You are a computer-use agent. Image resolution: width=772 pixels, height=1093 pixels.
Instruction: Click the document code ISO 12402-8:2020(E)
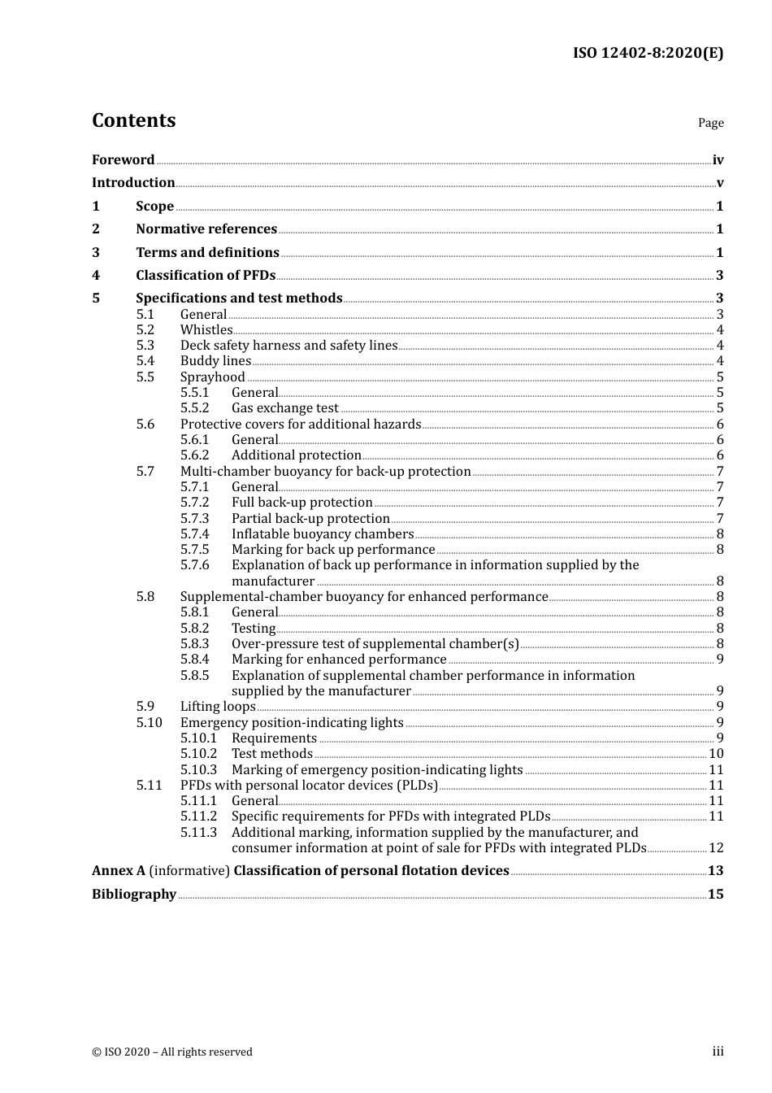[x=648, y=53]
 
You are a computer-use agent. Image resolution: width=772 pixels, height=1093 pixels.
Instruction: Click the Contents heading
[x=133, y=120]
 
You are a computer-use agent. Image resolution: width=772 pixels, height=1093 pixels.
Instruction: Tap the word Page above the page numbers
[x=710, y=123]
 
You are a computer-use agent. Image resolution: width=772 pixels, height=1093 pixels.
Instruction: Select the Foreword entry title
[x=123, y=160]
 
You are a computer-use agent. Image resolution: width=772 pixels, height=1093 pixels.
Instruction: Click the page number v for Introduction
[x=719, y=183]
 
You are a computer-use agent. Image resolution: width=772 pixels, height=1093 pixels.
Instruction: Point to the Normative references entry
[x=206, y=229]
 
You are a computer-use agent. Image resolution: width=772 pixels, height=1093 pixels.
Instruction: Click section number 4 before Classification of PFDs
[x=96, y=276]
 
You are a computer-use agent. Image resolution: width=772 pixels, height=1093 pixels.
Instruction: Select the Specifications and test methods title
[x=239, y=298]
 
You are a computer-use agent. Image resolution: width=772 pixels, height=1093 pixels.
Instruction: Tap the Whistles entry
[x=206, y=330]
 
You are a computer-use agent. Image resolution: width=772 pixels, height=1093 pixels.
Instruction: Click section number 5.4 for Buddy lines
[x=145, y=361]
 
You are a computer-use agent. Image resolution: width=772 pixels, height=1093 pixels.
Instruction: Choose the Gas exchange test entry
[x=284, y=408]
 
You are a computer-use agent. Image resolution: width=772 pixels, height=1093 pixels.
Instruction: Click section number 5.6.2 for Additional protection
[x=195, y=455]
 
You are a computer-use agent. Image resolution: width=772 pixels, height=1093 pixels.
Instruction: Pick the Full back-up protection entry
[x=301, y=503]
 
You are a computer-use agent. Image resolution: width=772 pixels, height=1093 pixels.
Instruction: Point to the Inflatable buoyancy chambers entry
[x=323, y=534]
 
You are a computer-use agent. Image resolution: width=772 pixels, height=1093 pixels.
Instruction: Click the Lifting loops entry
[x=218, y=707]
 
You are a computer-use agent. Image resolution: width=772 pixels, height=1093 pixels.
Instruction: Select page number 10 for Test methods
[x=716, y=754]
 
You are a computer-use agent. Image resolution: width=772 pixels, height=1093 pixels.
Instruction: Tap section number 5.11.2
[x=199, y=816]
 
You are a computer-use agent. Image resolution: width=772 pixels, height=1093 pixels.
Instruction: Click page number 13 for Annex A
[x=715, y=871]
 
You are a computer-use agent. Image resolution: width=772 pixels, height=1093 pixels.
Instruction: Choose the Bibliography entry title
[x=134, y=895]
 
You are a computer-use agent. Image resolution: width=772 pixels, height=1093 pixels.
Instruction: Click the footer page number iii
[x=718, y=1052]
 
